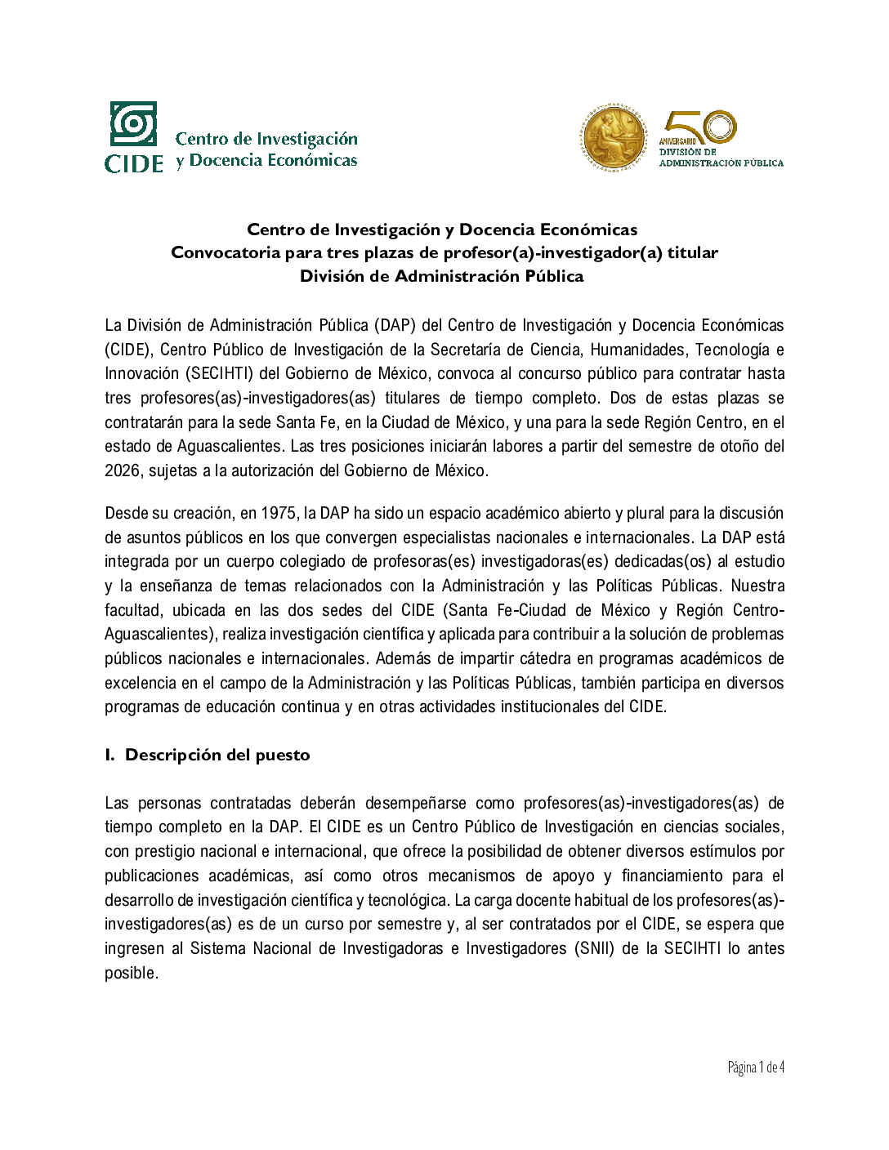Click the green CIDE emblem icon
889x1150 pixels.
(x=133, y=124)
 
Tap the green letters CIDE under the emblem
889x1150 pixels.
(x=134, y=163)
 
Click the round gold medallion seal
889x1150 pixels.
(x=614, y=137)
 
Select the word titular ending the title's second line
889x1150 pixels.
(x=692, y=252)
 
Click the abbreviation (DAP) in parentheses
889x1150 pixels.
(x=395, y=325)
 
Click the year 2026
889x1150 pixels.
(x=122, y=470)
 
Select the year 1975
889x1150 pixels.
(x=279, y=513)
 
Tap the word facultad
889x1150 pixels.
(x=133, y=610)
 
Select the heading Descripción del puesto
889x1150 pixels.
(x=217, y=755)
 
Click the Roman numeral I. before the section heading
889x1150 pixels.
(x=109, y=755)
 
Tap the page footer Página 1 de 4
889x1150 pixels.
(x=756, y=1067)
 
